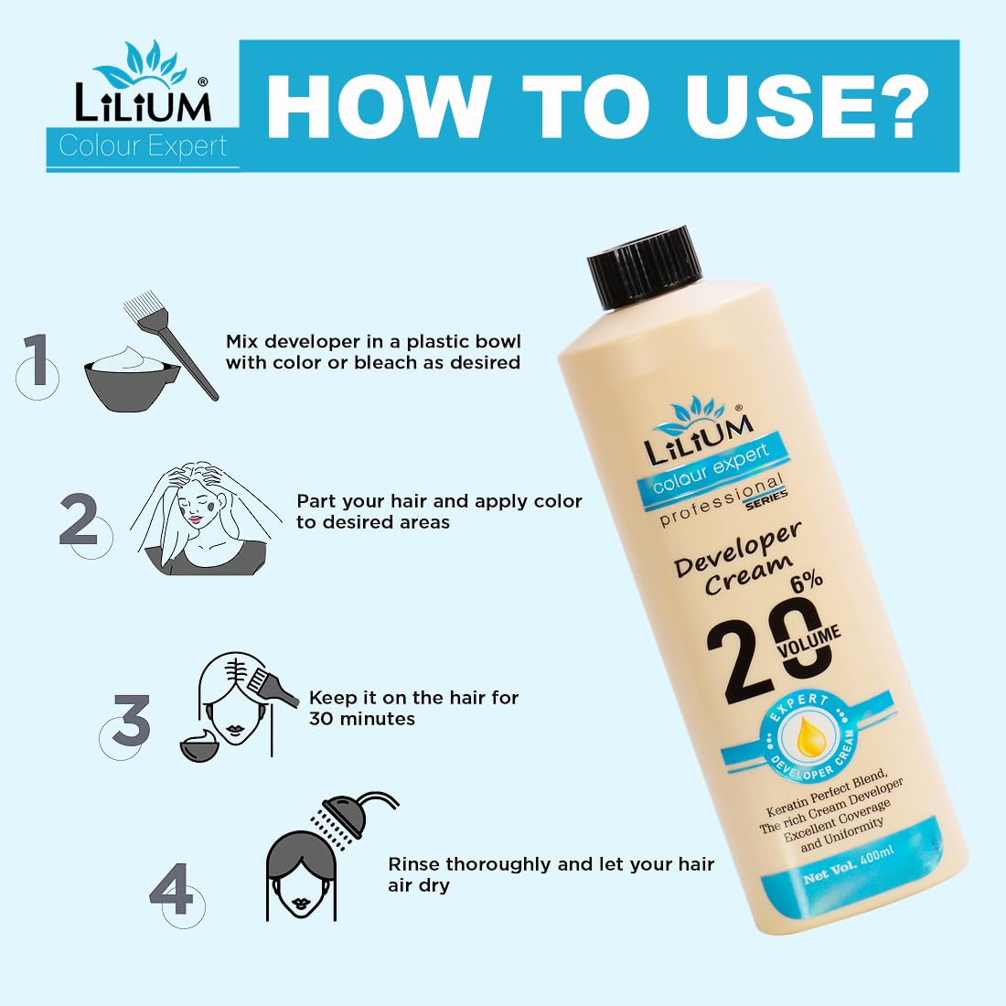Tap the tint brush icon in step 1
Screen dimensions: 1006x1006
(170, 347)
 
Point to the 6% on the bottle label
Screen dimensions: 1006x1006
(806, 581)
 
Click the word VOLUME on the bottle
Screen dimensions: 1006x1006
(808, 643)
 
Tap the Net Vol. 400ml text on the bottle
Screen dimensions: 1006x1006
(848, 866)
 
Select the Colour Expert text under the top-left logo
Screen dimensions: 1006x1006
(143, 146)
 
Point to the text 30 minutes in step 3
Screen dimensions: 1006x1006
(362, 719)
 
